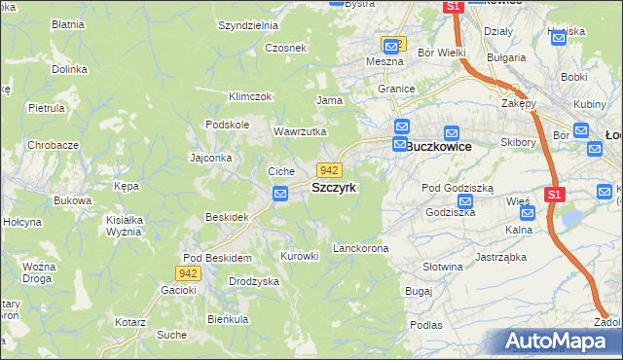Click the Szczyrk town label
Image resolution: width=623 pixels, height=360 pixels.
[334, 187]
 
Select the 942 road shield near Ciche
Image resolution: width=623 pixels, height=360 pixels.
[328, 170]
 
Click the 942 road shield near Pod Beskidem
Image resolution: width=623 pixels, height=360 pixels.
[189, 274]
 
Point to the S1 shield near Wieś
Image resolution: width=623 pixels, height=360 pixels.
[554, 195]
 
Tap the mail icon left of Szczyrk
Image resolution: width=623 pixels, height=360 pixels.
[280, 194]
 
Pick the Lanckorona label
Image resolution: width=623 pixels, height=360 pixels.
[360, 249]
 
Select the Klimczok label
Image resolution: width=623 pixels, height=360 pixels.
[249, 97]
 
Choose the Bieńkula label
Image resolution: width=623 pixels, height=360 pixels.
[228, 319]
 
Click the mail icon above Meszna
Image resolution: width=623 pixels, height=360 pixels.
[390, 45]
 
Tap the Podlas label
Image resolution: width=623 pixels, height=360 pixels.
[426, 325]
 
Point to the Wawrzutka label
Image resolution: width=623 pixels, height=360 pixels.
[299, 131]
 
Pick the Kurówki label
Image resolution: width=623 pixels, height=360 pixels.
[299, 256]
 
